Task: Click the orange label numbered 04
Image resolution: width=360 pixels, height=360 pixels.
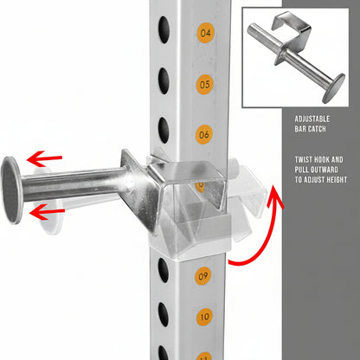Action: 205,33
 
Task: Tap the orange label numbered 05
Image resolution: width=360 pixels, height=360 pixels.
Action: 205,85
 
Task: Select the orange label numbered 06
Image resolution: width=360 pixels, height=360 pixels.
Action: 204,135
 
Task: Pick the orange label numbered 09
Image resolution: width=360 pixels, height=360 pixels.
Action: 202,276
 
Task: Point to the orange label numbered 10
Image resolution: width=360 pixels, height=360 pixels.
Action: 205,317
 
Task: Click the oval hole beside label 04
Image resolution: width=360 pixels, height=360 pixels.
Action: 164,29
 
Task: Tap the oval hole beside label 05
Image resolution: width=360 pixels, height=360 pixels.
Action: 164,80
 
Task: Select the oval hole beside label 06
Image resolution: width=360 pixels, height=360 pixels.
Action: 164,130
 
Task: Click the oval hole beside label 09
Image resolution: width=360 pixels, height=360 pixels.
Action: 164,270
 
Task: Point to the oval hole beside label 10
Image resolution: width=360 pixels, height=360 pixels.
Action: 164,314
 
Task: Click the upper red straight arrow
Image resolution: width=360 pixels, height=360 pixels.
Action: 44,158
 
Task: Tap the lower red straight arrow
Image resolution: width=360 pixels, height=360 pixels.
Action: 47,212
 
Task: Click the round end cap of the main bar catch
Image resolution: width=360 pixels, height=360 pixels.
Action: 11,190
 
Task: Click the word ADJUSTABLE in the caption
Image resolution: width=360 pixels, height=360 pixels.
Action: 312,119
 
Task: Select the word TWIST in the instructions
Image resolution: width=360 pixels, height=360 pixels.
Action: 304,160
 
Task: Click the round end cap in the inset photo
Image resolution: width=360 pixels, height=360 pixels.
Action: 333,88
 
